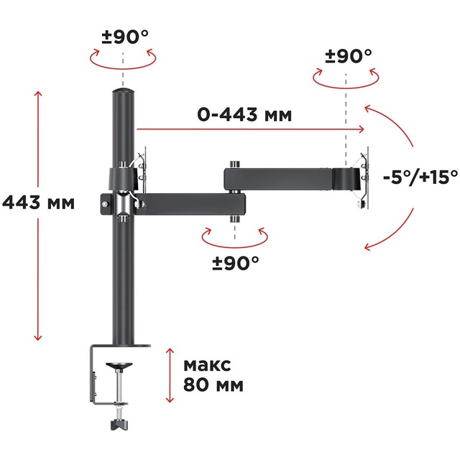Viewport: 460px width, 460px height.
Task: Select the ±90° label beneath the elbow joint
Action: [235, 263]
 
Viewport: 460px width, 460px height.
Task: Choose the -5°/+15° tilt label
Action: [411, 176]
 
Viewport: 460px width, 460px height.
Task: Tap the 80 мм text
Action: [213, 385]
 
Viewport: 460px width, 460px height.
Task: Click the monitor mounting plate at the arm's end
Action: [364, 180]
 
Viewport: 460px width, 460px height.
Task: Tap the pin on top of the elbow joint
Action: [234, 165]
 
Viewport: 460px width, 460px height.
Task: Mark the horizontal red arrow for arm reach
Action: [252, 129]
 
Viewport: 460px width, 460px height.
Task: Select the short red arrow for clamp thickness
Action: [169, 374]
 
